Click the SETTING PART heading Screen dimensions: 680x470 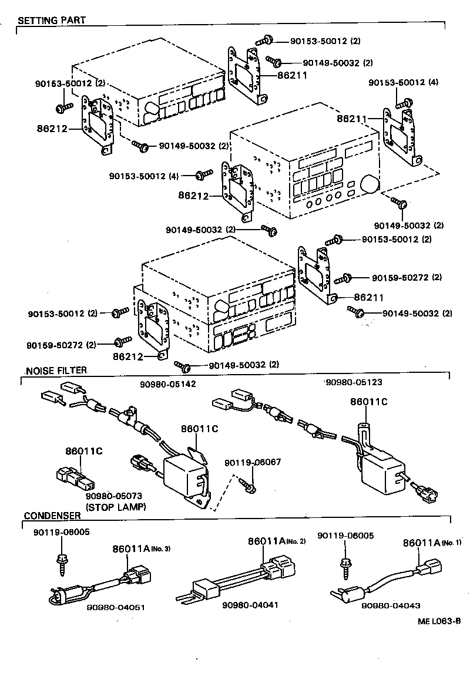point(52,20)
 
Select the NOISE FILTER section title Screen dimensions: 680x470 point(56,371)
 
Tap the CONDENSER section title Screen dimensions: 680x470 point(52,516)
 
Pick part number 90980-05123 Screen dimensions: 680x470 point(354,382)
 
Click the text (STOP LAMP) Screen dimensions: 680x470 point(116,506)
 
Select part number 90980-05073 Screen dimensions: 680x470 point(114,496)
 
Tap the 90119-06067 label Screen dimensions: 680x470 point(253,462)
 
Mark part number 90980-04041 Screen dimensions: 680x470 point(250,604)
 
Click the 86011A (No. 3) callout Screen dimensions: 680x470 point(141,549)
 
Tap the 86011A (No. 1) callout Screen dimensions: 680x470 point(432,543)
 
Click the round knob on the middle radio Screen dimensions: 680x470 point(372,184)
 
